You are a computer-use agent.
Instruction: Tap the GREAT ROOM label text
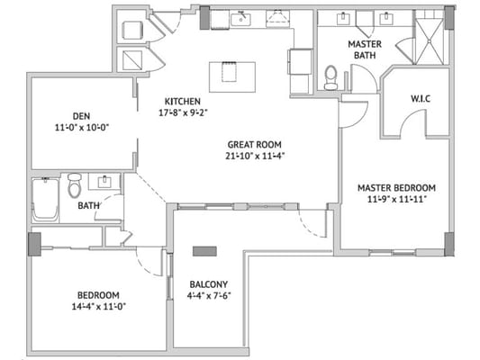(257, 144)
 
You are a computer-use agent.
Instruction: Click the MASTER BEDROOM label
(397, 188)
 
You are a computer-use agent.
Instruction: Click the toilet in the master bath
(331, 77)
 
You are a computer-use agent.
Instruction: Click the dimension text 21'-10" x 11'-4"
(257, 156)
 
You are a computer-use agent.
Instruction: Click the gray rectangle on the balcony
(204, 251)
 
